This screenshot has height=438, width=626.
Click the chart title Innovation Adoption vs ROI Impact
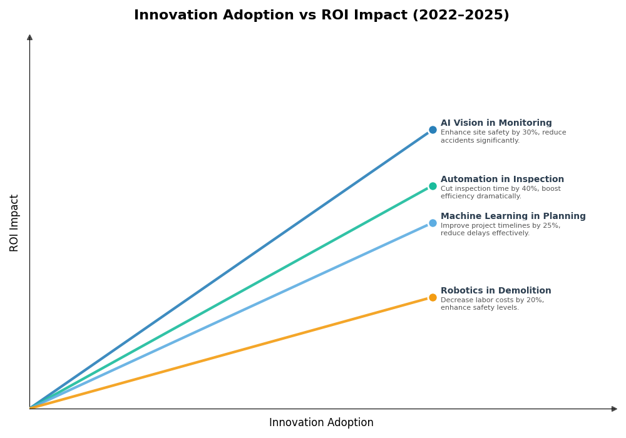(x=321, y=15)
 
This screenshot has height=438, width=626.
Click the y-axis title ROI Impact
(x=14, y=223)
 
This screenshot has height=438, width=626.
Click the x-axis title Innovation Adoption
(x=321, y=423)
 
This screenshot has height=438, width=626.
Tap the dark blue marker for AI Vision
(x=433, y=130)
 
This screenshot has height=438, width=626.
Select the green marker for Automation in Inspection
(x=433, y=186)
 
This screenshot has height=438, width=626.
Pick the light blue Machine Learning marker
(x=433, y=223)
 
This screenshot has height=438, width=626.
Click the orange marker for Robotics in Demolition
(x=433, y=297)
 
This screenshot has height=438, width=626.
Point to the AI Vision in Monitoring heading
(x=496, y=123)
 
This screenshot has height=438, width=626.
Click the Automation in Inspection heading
(x=502, y=180)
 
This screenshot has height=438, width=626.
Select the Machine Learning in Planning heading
(x=513, y=216)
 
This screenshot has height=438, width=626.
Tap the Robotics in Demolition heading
(x=496, y=291)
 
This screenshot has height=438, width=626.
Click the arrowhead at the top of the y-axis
(x=29, y=38)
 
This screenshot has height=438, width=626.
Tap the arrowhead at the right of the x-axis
(x=614, y=409)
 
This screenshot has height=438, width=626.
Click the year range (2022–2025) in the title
(x=460, y=15)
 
